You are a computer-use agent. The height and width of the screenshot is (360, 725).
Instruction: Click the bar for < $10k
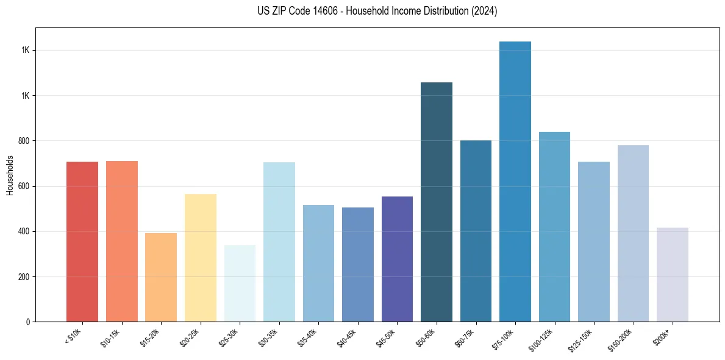[x=82, y=242]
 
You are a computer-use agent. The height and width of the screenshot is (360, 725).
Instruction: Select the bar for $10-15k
[x=122, y=241]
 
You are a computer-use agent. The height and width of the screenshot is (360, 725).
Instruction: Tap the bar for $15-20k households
[x=161, y=277]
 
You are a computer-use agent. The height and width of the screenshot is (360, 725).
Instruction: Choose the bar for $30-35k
[x=279, y=242]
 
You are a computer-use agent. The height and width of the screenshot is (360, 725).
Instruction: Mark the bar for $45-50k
[x=397, y=259]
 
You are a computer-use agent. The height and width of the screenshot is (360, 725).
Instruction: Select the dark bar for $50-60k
[x=437, y=202]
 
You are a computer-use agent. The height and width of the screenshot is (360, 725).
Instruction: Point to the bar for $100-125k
[x=554, y=226]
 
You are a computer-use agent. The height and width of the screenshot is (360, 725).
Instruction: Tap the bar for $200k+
[x=673, y=275]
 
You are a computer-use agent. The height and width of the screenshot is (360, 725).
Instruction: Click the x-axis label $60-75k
[x=468, y=336]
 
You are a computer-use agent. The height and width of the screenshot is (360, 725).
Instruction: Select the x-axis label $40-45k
[x=351, y=336]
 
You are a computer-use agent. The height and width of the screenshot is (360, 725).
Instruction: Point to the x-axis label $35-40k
[x=311, y=336]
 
